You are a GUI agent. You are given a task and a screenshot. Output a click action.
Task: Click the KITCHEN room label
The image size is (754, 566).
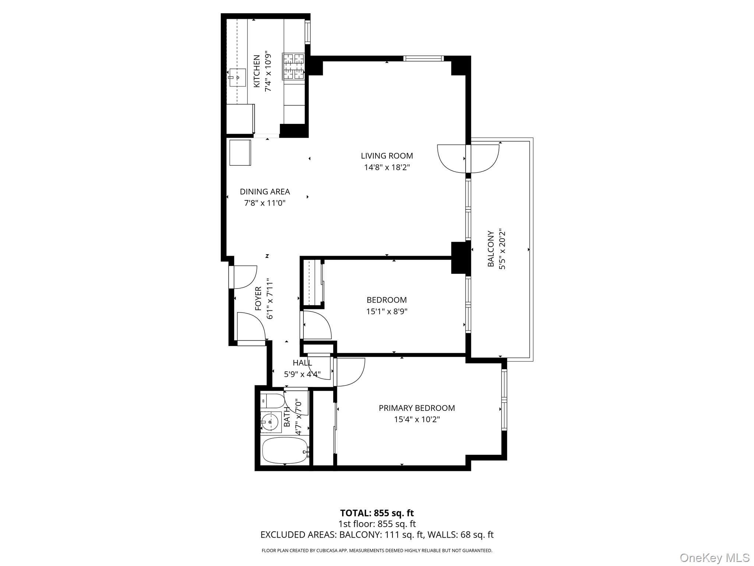coord(257,71)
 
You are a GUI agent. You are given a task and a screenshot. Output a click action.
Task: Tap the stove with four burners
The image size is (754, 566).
coord(293,66)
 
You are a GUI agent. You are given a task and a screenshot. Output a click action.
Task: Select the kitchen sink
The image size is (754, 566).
coord(237,77)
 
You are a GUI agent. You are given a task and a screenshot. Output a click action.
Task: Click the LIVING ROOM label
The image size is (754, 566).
coord(387,156)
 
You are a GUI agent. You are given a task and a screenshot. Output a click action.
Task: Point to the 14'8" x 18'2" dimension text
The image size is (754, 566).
coord(387,167)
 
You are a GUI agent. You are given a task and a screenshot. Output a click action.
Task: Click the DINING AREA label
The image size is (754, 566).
coord(265,192)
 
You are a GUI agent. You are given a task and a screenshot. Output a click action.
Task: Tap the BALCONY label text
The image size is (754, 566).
coord(490,249)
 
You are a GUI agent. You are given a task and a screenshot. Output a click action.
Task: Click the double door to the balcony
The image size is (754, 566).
coord(468,159)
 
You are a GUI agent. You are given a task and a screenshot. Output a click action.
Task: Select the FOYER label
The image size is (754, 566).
coord(258,298)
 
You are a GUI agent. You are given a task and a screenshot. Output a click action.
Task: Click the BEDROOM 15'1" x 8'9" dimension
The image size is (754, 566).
coord(387,311)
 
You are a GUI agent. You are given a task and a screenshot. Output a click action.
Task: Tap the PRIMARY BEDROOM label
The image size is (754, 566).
coord(417,408)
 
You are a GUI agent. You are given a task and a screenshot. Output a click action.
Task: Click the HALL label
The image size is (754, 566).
coord(302,363)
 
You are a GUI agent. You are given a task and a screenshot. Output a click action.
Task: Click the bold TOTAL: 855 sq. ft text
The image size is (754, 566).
coord(377,513)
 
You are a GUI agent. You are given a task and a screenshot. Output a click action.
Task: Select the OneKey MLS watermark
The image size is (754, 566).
coord(714,558)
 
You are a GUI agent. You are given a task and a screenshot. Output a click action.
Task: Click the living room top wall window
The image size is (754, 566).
coord(423,58)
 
